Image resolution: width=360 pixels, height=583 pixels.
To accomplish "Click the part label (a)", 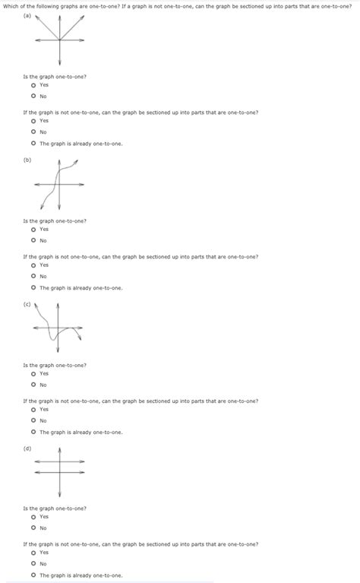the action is (x=27, y=15).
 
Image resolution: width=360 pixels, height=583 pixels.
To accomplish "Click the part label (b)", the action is (x=27, y=160).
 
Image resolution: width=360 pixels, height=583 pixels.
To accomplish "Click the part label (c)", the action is (x=27, y=304).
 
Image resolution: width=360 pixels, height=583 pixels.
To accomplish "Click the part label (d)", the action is (x=27, y=448).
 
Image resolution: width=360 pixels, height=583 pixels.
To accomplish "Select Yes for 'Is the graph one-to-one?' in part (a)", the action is (x=33, y=85).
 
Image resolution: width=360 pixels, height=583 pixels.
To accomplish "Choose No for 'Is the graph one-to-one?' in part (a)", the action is (x=33, y=97).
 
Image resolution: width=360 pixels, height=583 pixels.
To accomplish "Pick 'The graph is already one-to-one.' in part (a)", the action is (x=33, y=144).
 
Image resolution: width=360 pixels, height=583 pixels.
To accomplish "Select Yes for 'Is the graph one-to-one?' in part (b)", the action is (x=33, y=229).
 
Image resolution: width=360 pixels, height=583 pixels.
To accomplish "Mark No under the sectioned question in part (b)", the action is (x=33, y=277).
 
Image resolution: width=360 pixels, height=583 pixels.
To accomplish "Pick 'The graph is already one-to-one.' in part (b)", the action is (x=33, y=288).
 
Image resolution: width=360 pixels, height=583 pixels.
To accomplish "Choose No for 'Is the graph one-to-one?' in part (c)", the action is (x=33, y=385).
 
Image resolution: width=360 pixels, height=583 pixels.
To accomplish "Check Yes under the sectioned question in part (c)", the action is (x=33, y=409).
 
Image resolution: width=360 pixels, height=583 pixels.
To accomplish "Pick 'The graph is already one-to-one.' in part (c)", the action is (x=33, y=432).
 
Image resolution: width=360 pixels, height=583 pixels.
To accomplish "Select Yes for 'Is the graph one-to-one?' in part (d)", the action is (x=33, y=517).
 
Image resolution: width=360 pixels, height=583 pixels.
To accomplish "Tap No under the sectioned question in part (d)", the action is (x=33, y=564).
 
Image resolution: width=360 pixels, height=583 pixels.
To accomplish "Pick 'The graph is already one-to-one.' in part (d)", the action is (x=33, y=575).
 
